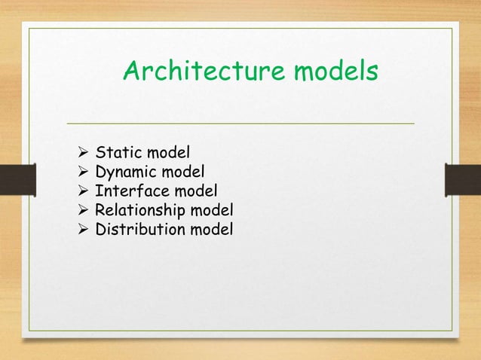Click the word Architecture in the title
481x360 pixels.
[x=201, y=72]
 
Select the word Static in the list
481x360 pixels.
[x=116, y=157]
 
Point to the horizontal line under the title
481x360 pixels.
[x=240, y=123]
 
